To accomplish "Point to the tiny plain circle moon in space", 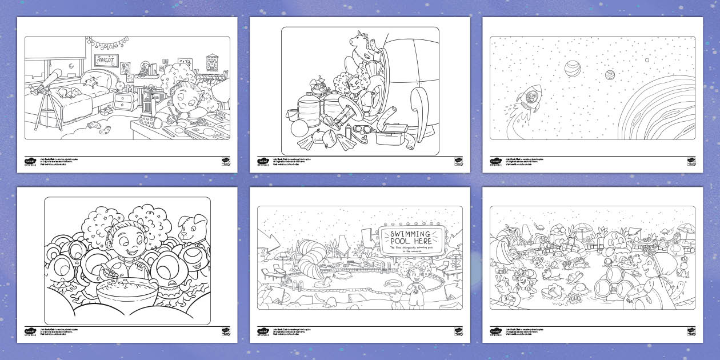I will [x=647, y=59].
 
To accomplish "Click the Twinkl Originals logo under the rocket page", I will [x=495, y=162].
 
